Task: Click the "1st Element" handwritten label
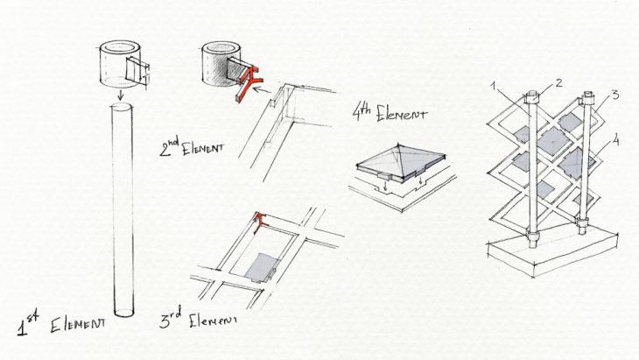tap(61, 324)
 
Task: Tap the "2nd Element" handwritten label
tap(192, 147)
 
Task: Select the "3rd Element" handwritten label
tap(199, 320)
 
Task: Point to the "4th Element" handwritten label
tap(390, 112)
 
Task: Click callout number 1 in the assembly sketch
tap(493, 87)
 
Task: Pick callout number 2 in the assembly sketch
tap(558, 83)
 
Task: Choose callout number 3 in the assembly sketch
tap(615, 95)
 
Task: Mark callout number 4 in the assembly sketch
tap(615, 141)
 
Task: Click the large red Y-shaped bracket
tap(249, 81)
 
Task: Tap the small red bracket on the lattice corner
tap(260, 222)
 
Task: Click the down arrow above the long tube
tap(120, 95)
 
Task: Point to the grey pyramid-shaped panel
tap(402, 162)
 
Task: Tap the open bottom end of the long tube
tap(123, 313)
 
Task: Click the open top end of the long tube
tap(122, 107)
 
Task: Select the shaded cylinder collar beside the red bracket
tap(220, 64)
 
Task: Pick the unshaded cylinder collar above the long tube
tap(120, 64)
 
